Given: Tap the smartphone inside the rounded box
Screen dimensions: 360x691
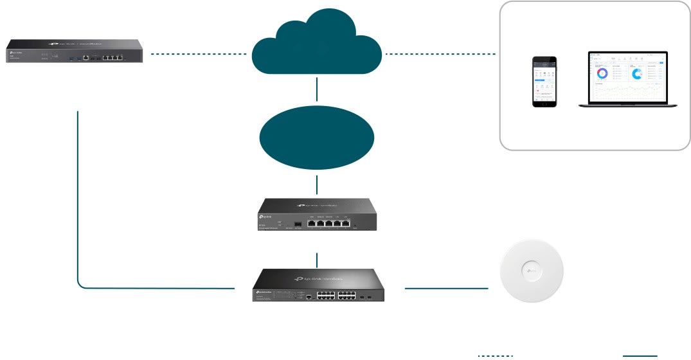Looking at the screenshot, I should click(x=544, y=82).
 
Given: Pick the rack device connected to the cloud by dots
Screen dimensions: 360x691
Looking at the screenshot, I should click(x=74, y=52).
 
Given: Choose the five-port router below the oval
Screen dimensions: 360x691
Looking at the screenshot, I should click(x=317, y=215).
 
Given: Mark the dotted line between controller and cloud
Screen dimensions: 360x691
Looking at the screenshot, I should click(x=199, y=55).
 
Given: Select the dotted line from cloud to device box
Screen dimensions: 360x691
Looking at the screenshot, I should click(x=442, y=53).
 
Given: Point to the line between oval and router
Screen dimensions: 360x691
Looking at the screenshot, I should click(x=318, y=184).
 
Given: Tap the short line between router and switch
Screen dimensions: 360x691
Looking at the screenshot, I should click(x=318, y=260).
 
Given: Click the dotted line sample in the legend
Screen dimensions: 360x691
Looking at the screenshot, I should click(x=496, y=355).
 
